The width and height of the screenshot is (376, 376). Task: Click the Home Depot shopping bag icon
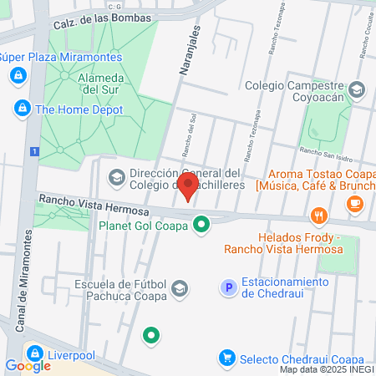22,109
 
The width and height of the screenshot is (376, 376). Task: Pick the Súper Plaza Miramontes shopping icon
17,76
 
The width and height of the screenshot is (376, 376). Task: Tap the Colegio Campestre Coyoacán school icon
357,89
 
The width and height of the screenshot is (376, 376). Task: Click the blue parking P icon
226,287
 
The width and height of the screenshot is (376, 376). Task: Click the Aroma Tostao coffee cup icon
355,202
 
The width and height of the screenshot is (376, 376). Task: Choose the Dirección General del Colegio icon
115,178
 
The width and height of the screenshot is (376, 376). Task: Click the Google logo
28,365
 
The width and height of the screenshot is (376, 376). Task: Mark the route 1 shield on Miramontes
33,151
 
